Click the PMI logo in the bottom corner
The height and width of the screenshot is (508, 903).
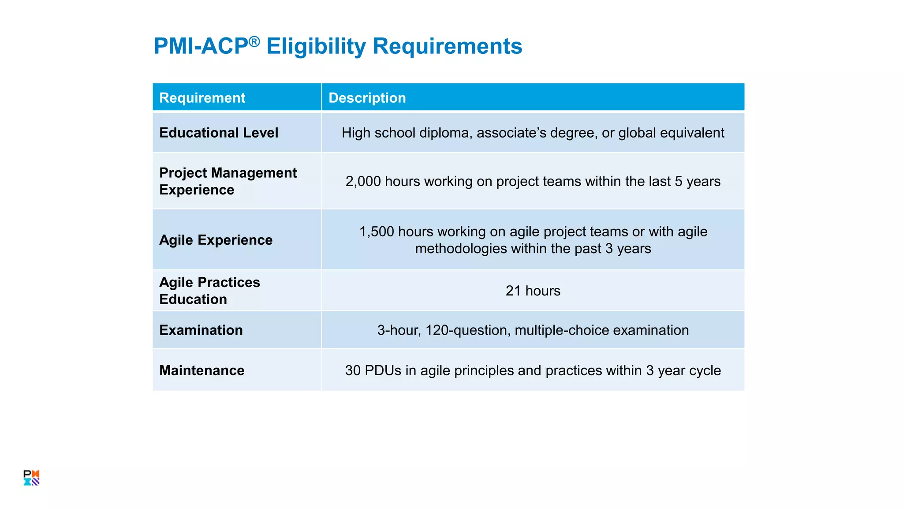(x=31, y=478)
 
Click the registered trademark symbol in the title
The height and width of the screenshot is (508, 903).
(x=254, y=41)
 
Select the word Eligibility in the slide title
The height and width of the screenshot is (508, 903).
(x=316, y=46)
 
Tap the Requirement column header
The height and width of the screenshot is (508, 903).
(x=202, y=97)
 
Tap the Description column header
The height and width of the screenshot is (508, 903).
(x=367, y=97)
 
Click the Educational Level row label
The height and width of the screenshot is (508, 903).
(x=219, y=133)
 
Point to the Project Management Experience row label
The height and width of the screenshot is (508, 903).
(x=228, y=181)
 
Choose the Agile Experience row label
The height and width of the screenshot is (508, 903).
(x=216, y=240)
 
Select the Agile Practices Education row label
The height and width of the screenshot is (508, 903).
(x=209, y=291)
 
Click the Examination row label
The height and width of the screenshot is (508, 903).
(x=201, y=330)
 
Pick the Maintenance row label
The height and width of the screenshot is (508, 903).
(x=201, y=370)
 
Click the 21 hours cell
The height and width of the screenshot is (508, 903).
(x=533, y=291)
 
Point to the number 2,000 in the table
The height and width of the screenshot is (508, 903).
(x=363, y=182)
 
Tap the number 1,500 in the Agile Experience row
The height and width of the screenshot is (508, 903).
(x=376, y=232)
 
